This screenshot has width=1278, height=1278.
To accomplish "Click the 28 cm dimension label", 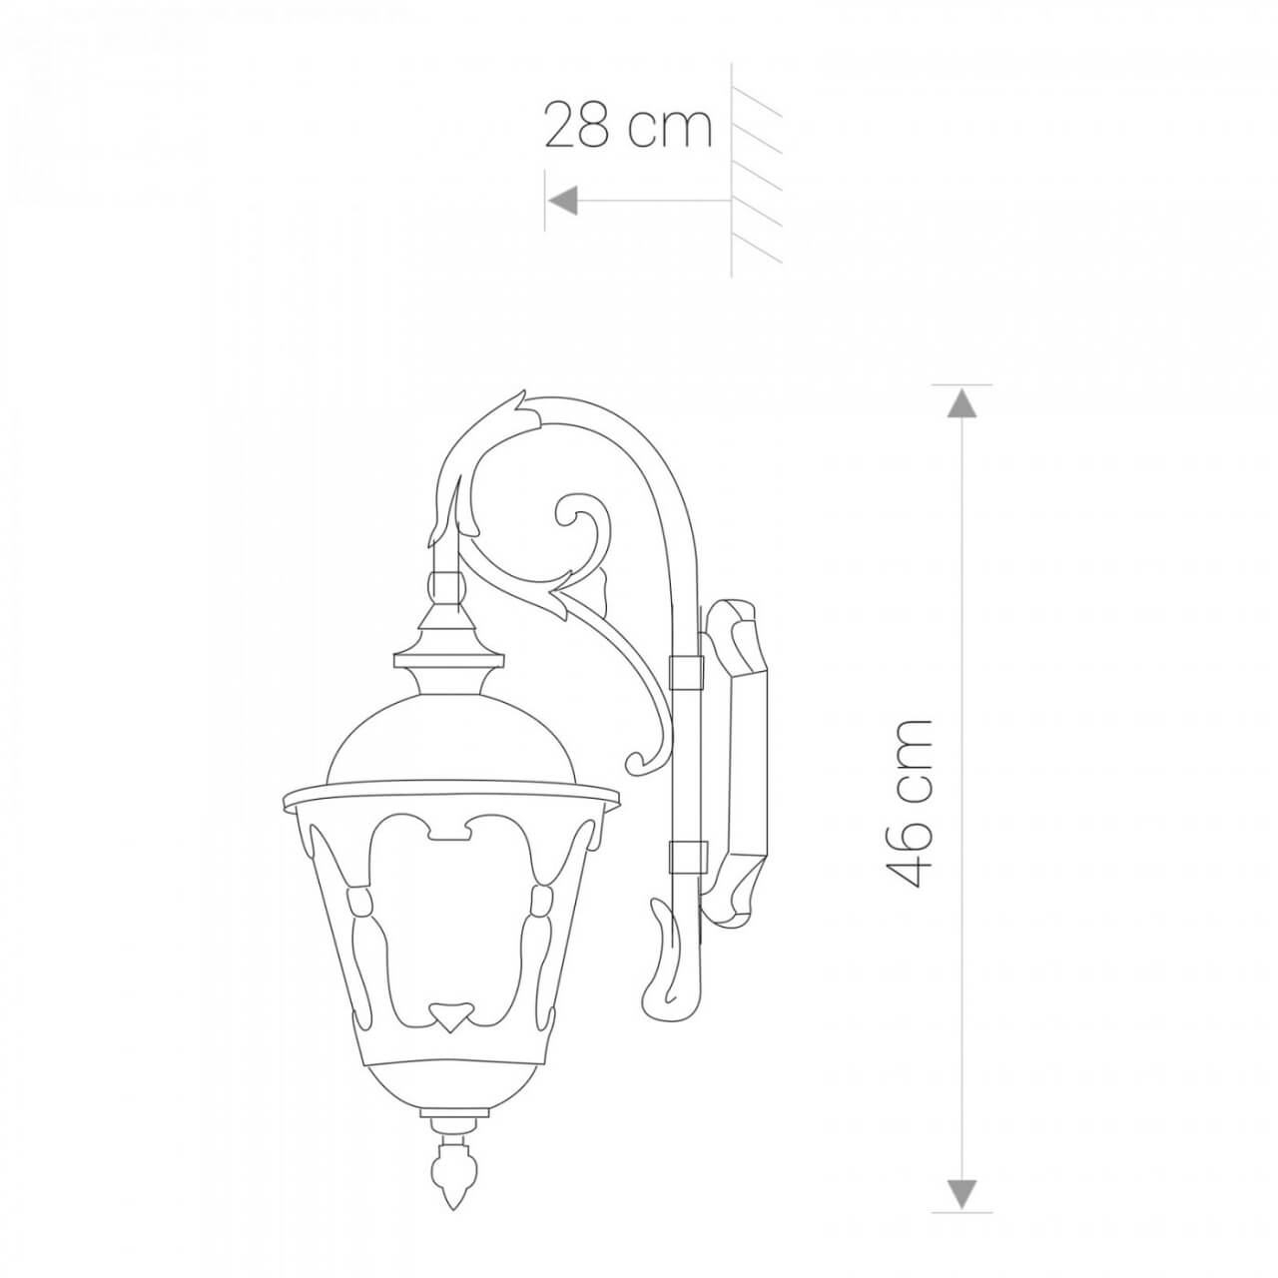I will (628, 127).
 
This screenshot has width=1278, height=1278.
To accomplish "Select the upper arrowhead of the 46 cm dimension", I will (960, 402).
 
